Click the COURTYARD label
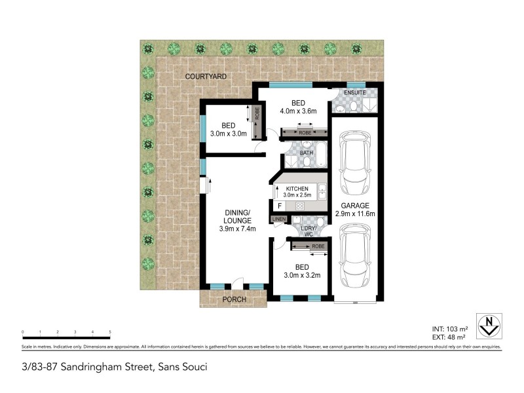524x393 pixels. click(x=206, y=77)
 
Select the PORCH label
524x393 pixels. click(x=234, y=299)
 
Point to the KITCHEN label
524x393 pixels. click(x=297, y=189)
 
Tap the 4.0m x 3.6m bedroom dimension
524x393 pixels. click(x=299, y=111)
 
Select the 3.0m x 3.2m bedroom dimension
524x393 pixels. click(x=302, y=275)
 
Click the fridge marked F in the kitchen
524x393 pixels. click(x=279, y=206)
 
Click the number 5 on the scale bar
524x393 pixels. click(x=110, y=332)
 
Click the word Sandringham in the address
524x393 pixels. click(x=105, y=367)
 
